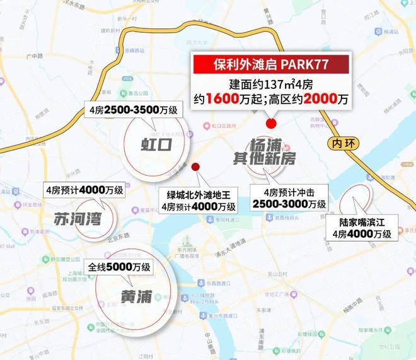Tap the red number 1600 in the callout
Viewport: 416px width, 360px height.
click(x=255, y=100)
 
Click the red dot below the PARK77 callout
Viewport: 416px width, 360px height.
click(x=272, y=123)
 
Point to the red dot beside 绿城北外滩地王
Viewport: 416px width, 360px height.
click(x=196, y=167)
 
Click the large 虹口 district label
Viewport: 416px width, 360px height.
click(x=156, y=146)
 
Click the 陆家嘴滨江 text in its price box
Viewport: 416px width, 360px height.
click(x=366, y=223)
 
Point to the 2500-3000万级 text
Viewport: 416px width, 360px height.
click(x=289, y=204)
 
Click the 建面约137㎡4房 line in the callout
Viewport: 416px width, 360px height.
click(x=271, y=85)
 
